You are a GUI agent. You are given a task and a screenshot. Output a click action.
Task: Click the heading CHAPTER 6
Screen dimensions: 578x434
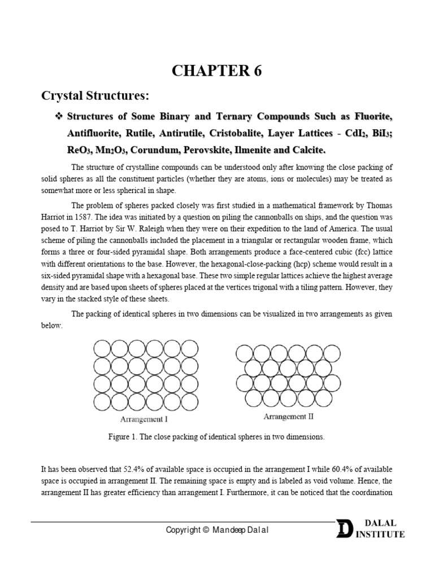(217, 72)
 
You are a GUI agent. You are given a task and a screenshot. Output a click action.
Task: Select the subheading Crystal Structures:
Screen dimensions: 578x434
(95, 96)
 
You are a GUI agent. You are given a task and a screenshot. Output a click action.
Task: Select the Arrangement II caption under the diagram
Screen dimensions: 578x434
(288, 417)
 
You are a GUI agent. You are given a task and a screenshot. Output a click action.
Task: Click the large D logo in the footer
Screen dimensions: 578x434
(343, 529)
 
